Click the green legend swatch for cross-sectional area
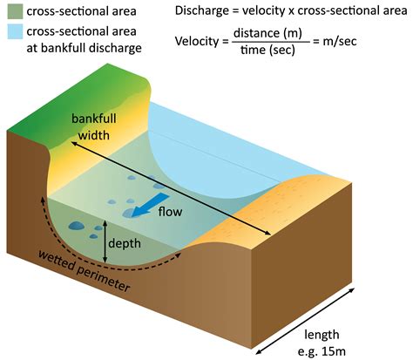point(15,11)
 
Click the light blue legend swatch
point(15,31)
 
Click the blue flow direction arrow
point(149,205)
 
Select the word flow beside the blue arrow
point(170,212)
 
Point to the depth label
point(125,243)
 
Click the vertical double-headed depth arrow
point(105,241)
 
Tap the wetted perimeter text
point(85,271)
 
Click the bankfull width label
point(93,127)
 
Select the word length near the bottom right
point(322,335)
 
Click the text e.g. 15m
point(322,351)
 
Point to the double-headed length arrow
point(305,321)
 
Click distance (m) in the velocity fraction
point(267,33)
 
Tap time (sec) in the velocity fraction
point(267,50)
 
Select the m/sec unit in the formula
point(340,41)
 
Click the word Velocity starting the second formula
point(197,41)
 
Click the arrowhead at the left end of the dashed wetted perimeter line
point(43,200)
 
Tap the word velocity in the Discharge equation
point(264,10)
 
